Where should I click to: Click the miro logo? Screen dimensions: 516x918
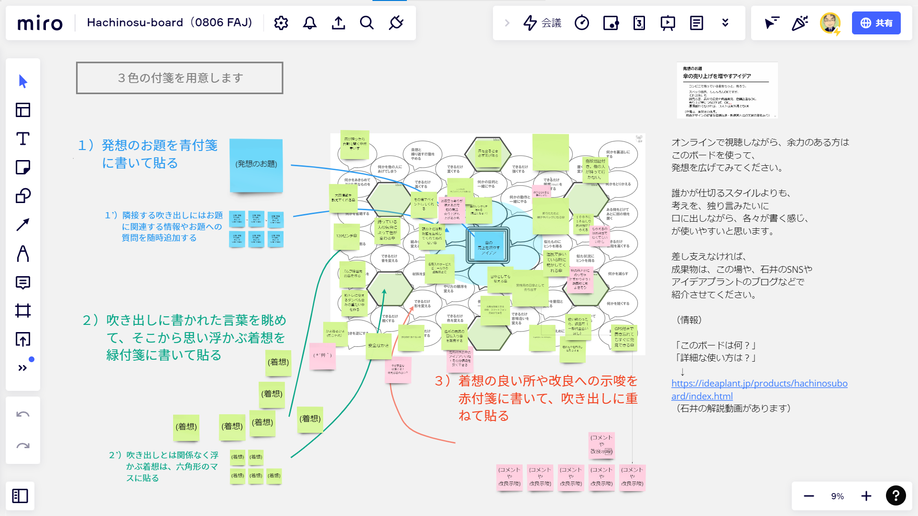click(40, 23)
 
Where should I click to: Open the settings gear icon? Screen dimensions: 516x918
click(281, 23)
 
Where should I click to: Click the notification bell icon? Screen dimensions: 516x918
click(310, 23)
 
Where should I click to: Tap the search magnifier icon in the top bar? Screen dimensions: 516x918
click(367, 23)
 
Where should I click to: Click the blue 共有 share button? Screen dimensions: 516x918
click(876, 23)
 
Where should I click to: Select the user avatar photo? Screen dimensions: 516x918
click(830, 23)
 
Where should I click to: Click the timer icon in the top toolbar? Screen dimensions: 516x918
click(582, 23)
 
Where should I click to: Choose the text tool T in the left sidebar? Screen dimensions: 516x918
click(23, 139)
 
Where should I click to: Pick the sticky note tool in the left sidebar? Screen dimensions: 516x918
click(23, 167)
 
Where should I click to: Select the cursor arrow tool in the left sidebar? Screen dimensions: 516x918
click(23, 81)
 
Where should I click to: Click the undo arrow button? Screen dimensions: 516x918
click(23, 414)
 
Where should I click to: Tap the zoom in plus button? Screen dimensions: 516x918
click(866, 496)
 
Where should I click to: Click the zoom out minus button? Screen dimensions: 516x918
click(809, 496)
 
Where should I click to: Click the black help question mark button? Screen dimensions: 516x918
click(896, 496)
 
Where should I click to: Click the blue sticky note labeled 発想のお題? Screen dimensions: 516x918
click(256, 164)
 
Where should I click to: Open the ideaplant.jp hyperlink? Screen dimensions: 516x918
click(759, 384)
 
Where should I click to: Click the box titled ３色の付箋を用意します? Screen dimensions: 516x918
click(180, 78)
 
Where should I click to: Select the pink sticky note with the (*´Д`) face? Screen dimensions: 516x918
click(322, 355)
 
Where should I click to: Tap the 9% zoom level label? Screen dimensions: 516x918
click(837, 496)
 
